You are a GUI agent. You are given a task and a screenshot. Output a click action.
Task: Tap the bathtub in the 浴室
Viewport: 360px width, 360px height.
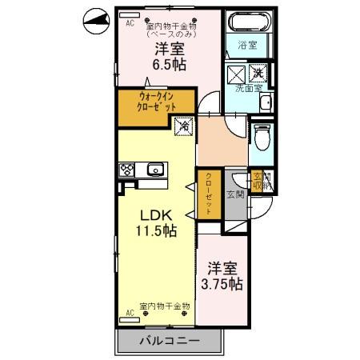tap(247, 22)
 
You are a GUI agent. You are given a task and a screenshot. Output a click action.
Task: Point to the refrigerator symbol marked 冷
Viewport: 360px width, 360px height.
tap(184, 125)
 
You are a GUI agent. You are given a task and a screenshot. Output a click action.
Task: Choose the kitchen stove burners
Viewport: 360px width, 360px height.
tap(128, 169)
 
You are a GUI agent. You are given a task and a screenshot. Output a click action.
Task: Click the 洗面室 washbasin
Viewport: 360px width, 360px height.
tap(266, 102)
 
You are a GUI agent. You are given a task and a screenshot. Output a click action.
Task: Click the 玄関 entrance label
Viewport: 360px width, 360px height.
tap(235, 194)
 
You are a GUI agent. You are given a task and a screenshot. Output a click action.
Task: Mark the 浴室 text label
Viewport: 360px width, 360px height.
tap(246, 45)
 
